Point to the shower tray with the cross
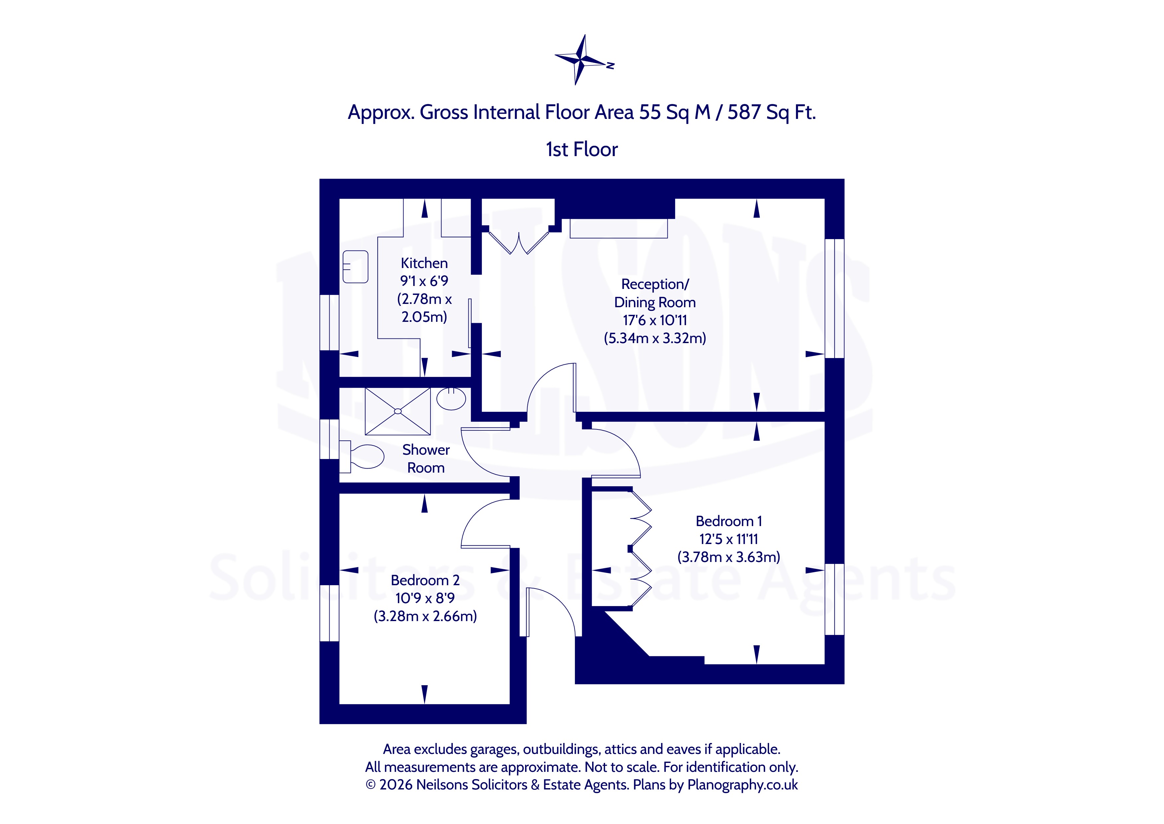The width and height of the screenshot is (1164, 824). click(x=398, y=412)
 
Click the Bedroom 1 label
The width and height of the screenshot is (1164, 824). click(x=729, y=521)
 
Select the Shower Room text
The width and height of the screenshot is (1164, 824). click(x=426, y=459)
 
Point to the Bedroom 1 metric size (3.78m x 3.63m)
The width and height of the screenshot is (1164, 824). click(x=729, y=557)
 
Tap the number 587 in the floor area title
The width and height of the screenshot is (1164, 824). click(x=744, y=112)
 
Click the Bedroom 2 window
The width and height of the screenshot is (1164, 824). click(x=330, y=613)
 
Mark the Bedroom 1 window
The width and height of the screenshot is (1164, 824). click(x=834, y=599)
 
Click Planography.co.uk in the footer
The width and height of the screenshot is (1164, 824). click(x=743, y=785)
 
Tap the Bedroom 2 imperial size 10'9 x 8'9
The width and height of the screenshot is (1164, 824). click(x=426, y=598)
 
